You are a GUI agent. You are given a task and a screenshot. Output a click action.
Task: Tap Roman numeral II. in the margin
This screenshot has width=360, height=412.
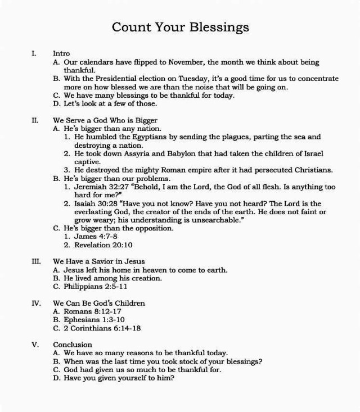pos(35,120)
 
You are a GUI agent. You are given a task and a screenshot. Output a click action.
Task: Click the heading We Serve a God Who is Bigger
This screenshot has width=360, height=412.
pos(105,120)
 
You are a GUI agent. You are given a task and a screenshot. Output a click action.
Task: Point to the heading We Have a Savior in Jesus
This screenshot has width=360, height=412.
pos(99,261)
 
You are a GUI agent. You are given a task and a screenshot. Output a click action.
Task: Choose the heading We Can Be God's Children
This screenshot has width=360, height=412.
pos(99,304)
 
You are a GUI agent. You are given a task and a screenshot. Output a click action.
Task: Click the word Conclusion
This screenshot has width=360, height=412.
pos(73,345)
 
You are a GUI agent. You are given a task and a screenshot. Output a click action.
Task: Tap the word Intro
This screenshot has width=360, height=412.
pos(61,53)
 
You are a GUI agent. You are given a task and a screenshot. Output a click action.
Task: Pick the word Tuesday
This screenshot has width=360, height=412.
pos(210,79)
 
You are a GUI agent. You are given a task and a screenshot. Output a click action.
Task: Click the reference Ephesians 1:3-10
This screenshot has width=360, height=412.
pos(95,320)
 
